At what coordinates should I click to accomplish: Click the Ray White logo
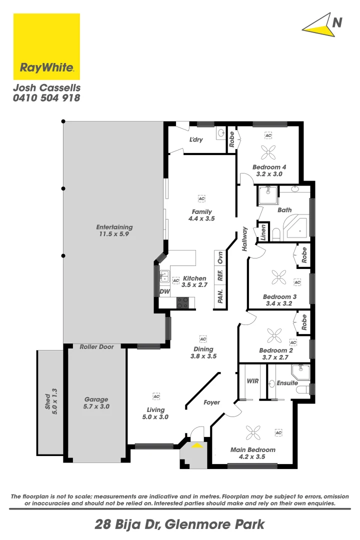pos(46,46)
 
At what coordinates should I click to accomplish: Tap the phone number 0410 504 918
pos(46,98)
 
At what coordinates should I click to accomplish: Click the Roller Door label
pos(96,347)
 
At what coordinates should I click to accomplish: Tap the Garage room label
pos(96,403)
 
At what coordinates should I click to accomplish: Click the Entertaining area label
pos(114,230)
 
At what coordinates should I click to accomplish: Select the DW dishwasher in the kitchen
pos(164,291)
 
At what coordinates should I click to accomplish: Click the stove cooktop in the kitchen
pos(182,302)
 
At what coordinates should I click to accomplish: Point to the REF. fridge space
pos(219,276)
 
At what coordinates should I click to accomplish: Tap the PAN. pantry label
pos(219,296)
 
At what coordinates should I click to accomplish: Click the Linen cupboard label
pos(263,233)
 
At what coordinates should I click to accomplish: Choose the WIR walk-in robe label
pos(252,381)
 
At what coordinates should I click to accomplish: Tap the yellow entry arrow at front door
pos(197,445)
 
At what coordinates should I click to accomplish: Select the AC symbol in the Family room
pos(201,198)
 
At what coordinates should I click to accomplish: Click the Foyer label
pos(211,402)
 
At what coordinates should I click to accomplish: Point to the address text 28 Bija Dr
pos(127,525)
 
